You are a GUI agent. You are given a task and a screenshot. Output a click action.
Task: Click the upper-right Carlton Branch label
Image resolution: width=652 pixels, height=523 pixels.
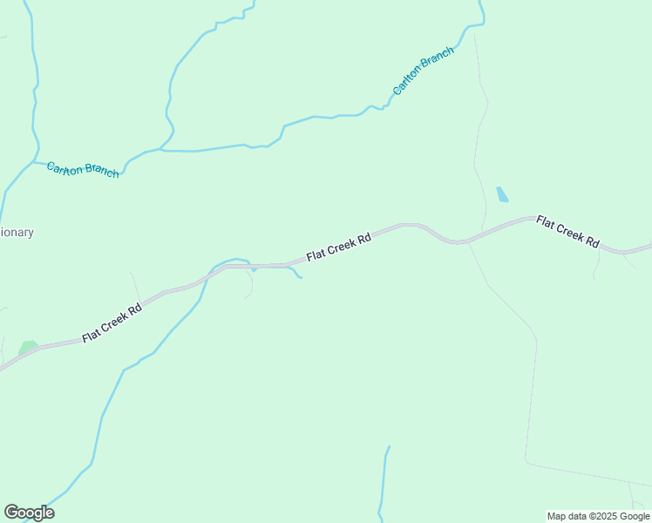424,71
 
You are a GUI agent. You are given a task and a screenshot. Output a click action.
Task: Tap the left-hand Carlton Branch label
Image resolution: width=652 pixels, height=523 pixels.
83,169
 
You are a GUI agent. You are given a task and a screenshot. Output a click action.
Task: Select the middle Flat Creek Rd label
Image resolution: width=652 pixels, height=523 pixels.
339,247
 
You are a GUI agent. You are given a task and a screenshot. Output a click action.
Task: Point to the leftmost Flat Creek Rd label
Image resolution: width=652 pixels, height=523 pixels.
112,323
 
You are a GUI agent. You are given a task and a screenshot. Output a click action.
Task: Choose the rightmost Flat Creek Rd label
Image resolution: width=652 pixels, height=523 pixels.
568,231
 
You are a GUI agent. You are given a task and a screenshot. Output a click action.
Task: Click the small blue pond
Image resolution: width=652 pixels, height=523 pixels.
502,194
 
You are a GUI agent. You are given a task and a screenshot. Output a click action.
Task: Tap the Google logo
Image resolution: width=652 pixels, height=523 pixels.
29,513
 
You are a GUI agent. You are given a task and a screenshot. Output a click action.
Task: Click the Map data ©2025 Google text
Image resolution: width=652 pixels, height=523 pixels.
599,516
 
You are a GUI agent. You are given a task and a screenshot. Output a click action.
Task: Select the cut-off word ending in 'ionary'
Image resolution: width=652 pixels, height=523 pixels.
17,233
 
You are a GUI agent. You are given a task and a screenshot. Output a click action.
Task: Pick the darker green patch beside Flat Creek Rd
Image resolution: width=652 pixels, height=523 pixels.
28,348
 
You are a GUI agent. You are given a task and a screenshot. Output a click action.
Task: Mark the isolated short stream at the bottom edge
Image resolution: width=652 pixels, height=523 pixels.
384,484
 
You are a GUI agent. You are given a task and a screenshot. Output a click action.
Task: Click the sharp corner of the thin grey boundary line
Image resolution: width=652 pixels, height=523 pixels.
526,459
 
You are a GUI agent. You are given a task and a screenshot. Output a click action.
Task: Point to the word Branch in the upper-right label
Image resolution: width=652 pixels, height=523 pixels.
438,60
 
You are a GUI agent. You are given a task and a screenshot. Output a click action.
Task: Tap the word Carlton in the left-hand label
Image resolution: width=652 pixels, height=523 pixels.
65,166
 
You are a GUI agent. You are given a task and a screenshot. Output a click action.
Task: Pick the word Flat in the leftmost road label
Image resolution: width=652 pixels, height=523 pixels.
91,334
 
